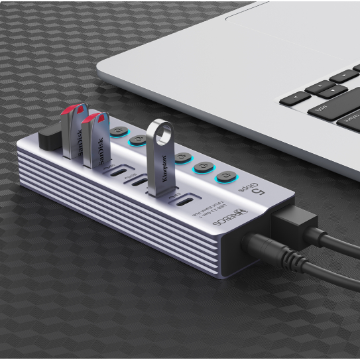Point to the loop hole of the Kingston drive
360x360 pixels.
pos(160,130)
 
